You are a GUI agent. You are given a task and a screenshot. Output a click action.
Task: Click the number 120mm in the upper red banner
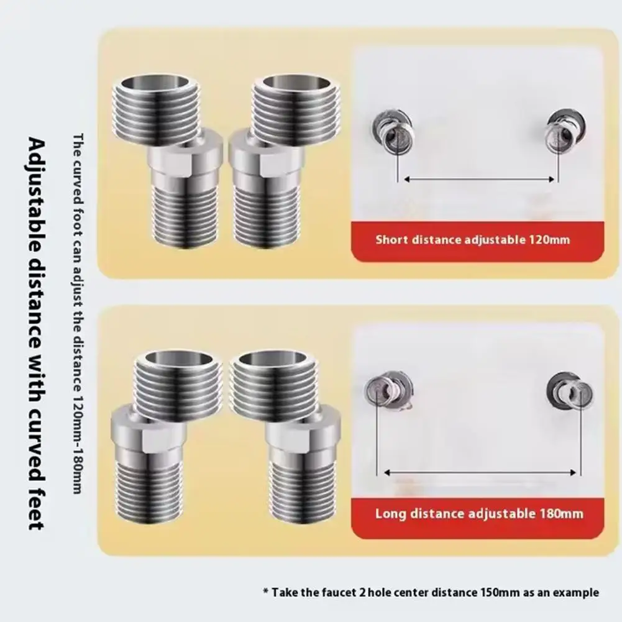[549, 239]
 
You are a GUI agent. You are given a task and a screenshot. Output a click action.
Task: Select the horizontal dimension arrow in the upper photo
[478, 179]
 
